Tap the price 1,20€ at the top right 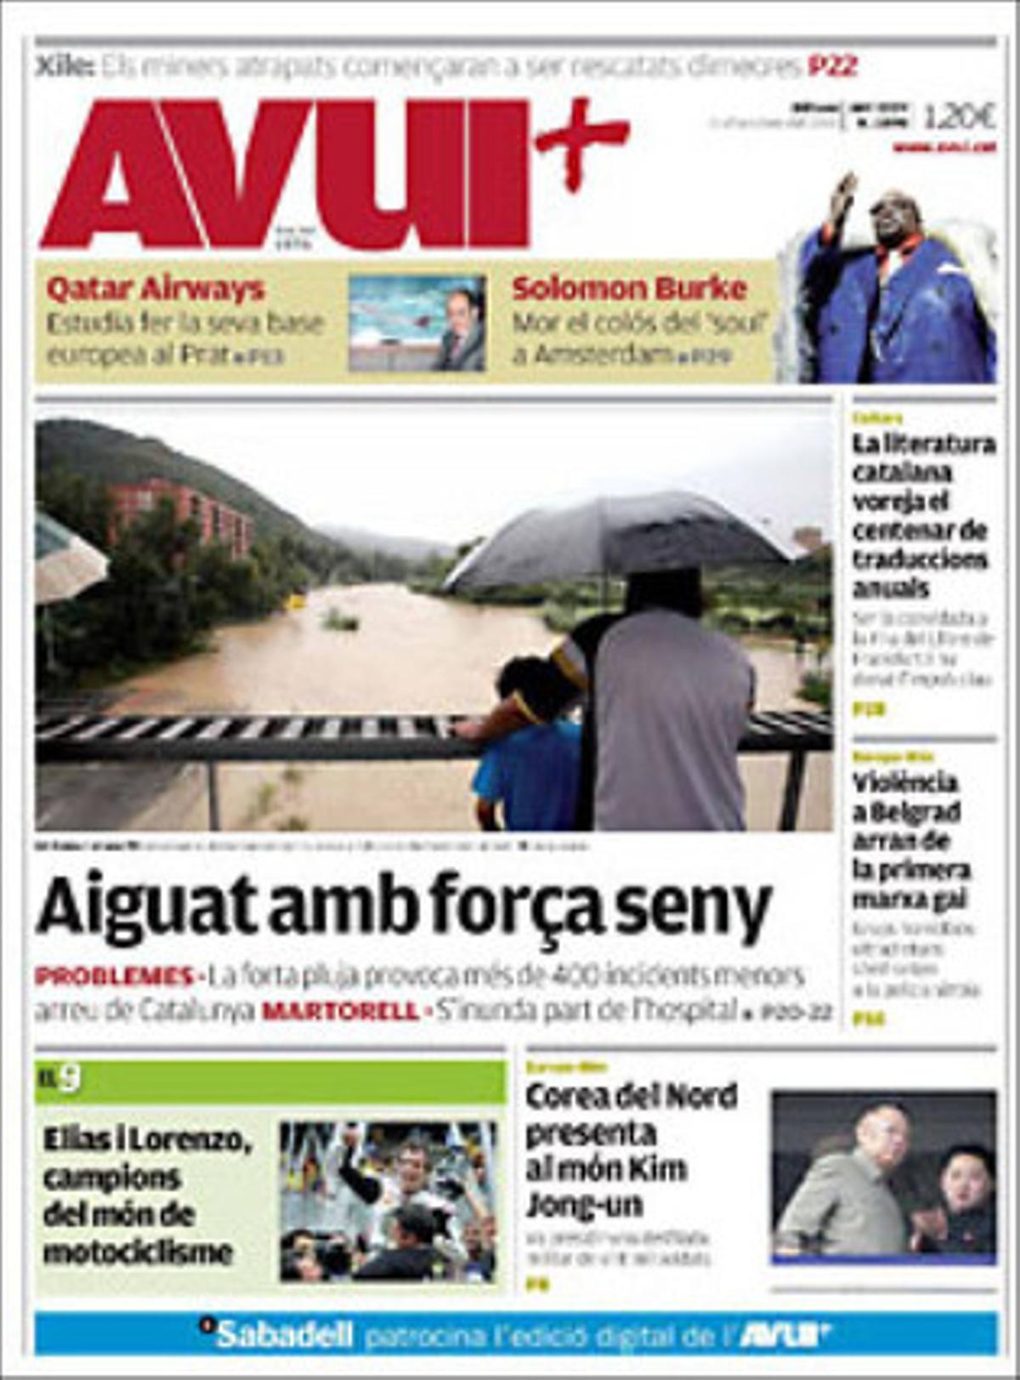(x=959, y=116)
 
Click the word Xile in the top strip (x=64, y=65)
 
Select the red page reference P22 (x=832, y=65)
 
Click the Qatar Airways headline (x=156, y=289)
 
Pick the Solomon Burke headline (x=629, y=289)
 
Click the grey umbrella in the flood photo (x=620, y=536)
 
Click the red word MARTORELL (x=340, y=1012)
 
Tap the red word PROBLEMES (x=114, y=976)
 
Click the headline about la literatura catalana (x=923, y=515)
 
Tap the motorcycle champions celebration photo (x=388, y=1201)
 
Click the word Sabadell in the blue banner (x=284, y=1335)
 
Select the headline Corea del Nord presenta (x=631, y=1150)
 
